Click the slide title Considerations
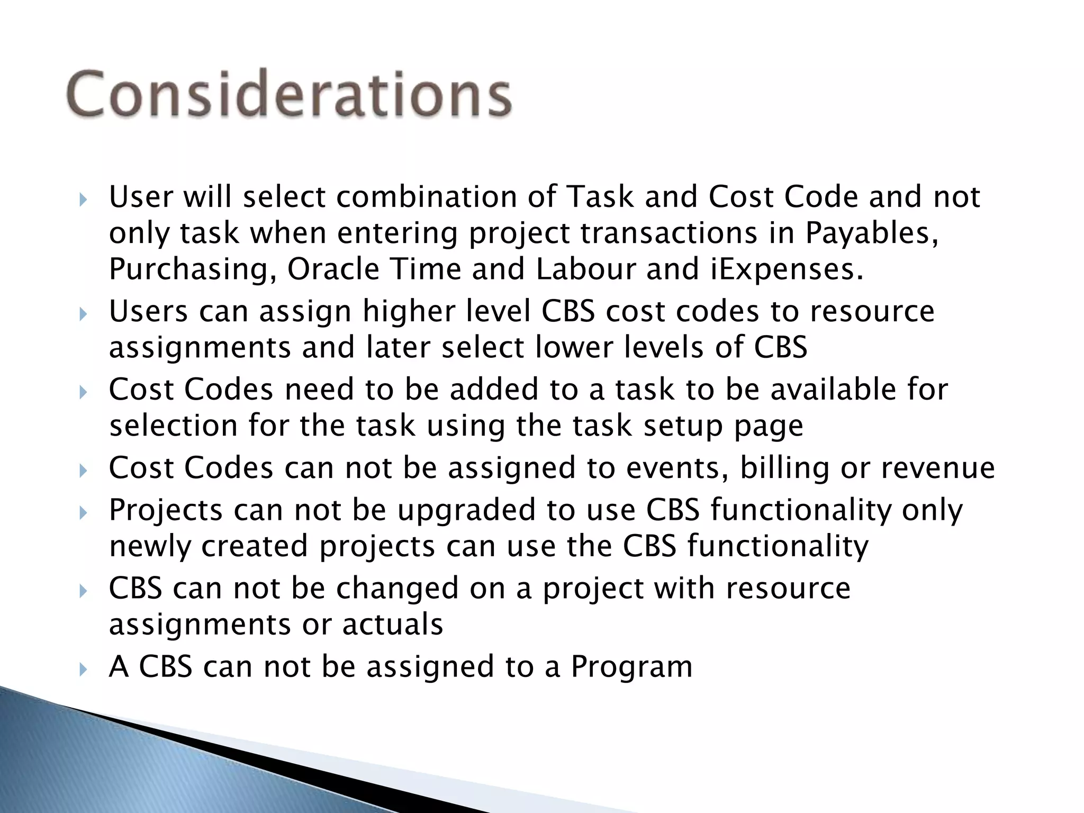click(289, 94)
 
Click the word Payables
click(872, 233)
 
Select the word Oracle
click(333, 269)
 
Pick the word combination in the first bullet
click(426, 197)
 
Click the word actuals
click(392, 625)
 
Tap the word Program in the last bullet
click(631, 667)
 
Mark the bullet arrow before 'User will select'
click(83, 200)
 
